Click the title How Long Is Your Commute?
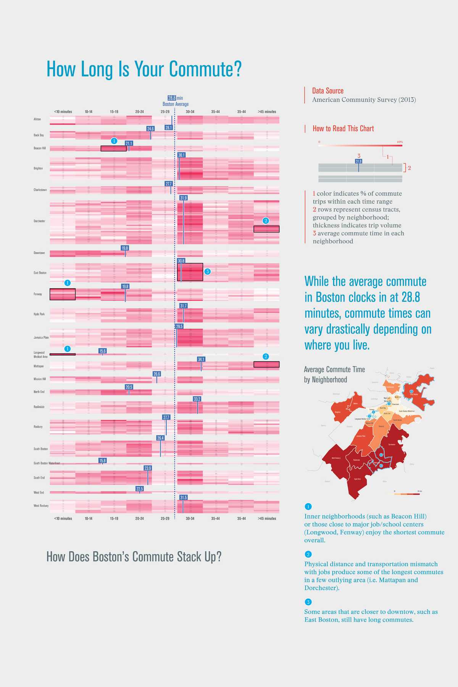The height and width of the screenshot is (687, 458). (144, 69)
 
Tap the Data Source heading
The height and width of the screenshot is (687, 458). (327, 91)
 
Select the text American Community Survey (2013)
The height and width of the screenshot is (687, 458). (364, 100)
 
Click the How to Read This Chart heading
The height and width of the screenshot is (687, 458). (343, 129)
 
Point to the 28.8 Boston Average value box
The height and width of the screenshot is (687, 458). (172, 98)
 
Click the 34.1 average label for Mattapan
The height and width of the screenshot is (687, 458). (201, 359)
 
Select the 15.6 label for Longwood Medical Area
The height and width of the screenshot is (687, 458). (102, 351)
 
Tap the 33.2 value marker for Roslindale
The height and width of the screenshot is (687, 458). (197, 399)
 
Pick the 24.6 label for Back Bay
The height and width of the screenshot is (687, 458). (150, 129)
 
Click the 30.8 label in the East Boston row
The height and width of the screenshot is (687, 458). (181, 261)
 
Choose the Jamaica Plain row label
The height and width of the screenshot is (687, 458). (41, 337)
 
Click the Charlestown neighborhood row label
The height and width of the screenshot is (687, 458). (40, 190)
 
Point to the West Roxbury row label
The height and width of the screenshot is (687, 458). (41, 506)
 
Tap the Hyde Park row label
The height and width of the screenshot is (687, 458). (39, 314)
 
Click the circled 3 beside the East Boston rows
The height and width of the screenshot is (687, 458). (208, 271)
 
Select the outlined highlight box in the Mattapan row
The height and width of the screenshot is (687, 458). (266, 364)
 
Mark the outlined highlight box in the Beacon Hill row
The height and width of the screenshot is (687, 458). (113, 148)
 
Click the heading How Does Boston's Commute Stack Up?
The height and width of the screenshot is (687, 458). (134, 557)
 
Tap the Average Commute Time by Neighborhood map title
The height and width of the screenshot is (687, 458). (334, 374)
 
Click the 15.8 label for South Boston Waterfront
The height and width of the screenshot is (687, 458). (102, 461)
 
